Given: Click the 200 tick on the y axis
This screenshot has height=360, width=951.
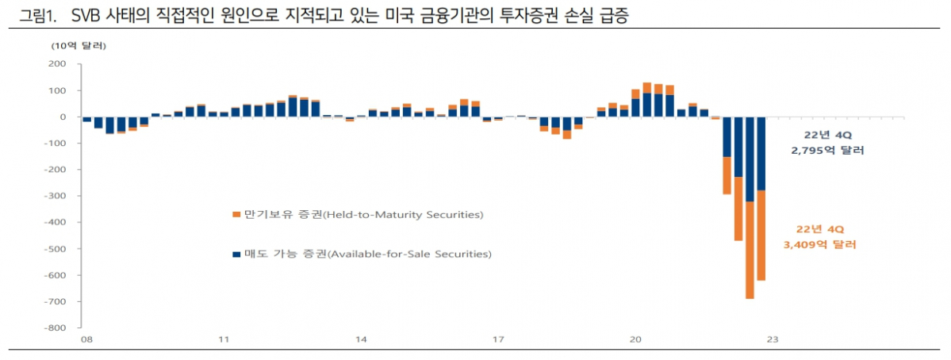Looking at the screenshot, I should pos(65,64).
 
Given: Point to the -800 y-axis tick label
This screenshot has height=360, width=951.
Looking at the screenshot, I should pos(63,327).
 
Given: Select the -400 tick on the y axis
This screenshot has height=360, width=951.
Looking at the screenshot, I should pos(63,222).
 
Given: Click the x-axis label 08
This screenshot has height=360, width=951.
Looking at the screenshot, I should pos(86,339).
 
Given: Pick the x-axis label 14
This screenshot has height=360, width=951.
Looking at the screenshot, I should pos(361,339).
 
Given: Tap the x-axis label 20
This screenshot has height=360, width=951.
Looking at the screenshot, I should pos(635,339).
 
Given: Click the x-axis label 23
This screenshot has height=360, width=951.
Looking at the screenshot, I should pos(772,339).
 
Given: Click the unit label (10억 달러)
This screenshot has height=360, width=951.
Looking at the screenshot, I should pos(79,45).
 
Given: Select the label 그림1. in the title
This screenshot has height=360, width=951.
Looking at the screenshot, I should pos(33,15).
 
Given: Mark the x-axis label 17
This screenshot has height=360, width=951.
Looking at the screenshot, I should pos(498,339).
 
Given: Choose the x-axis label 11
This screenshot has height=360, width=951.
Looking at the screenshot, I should pos(224,339).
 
